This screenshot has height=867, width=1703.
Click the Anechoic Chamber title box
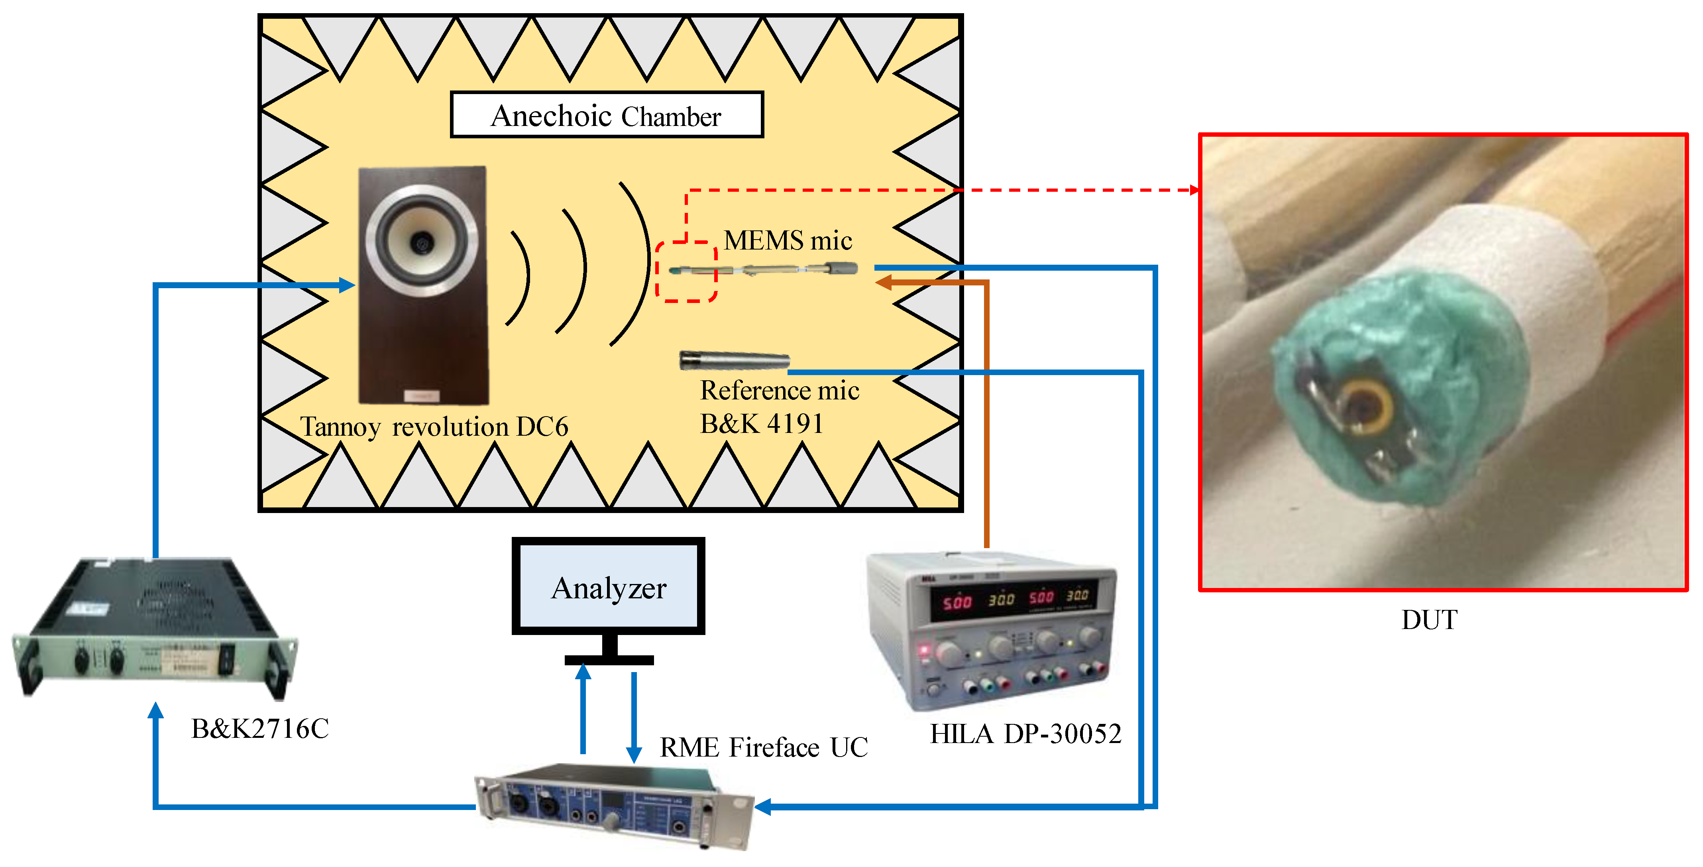(606, 115)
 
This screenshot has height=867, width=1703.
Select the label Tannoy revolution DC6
(434, 427)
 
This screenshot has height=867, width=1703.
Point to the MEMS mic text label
(788, 240)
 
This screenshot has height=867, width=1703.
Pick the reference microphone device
(734, 360)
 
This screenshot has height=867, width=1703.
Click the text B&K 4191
(762, 424)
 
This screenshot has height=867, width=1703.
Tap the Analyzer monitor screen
(608, 587)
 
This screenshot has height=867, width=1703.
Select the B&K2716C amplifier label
(260, 729)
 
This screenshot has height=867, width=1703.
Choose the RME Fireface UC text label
(764, 747)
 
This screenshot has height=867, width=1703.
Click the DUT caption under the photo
(1429, 620)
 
